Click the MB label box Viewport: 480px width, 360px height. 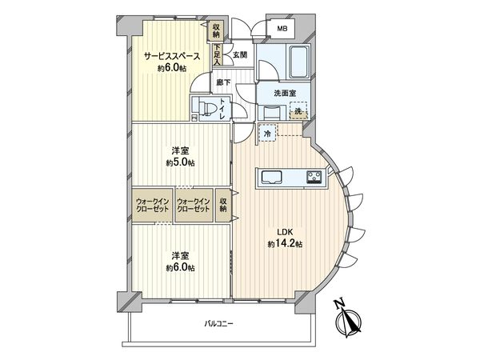pyautogui.click(x=282, y=30)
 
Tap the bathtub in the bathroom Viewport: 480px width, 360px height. pyautogui.click(x=301, y=61)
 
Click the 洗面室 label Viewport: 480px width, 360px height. pyautogui.click(x=285, y=94)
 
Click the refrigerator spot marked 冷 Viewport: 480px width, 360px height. pyautogui.click(x=266, y=135)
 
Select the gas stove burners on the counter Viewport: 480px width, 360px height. pyautogui.click(x=314, y=177)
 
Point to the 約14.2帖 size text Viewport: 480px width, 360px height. pyautogui.click(x=284, y=243)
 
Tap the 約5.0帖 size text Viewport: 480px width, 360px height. pyautogui.click(x=180, y=163)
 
